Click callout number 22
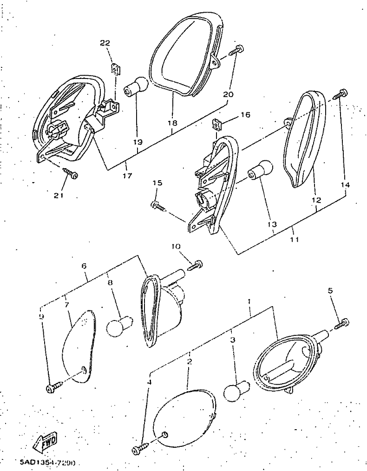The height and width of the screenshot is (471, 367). (x=105, y=43)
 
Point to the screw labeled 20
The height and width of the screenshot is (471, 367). (x=238, y=49)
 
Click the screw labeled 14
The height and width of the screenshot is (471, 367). (x=342, y=93)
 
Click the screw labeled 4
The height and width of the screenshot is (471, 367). (x=140, y=449)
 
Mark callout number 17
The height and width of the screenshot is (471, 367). (x=127, y=176)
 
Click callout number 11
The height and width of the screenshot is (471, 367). (x=294, y=240)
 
